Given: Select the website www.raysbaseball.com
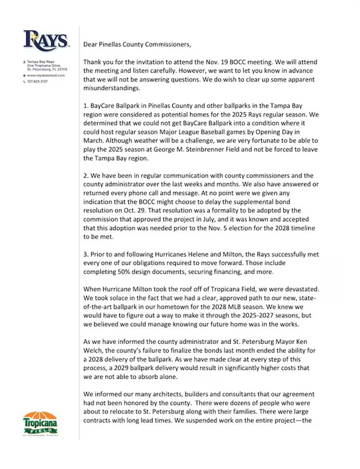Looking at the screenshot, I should click(x=48, y=75).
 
